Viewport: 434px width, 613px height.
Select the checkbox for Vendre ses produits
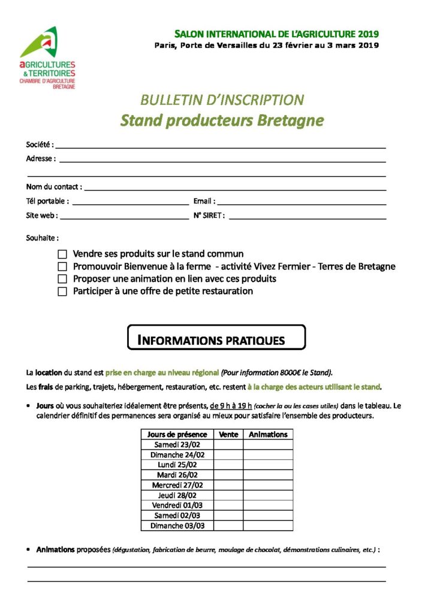[x=62, y=254]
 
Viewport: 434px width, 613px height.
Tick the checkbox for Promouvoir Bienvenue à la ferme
[x=62, y=266]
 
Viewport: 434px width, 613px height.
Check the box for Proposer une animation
[x=62, y=279]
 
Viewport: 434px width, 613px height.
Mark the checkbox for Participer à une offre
[x=62, y=292]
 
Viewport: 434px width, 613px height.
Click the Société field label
[x=40, y=144]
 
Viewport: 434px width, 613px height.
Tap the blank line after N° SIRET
[x=307, y=217]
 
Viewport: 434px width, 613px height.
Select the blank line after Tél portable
[x=130, y=202]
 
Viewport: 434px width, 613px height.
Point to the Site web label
[x=41, y=216]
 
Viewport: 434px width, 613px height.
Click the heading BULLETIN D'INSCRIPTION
[x=222, y=100]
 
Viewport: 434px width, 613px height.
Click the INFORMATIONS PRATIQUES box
[x=216, y=338]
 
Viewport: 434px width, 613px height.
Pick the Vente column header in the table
[x=228, y=435]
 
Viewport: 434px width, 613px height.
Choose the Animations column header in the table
[x=268, y=435]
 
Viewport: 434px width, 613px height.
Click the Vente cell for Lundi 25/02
[x=228, y=465]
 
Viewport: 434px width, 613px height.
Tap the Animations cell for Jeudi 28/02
[x=268, y=496]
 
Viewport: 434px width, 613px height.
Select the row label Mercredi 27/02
[x=177, y=485]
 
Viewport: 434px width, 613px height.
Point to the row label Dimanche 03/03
[x=177, y=526]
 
